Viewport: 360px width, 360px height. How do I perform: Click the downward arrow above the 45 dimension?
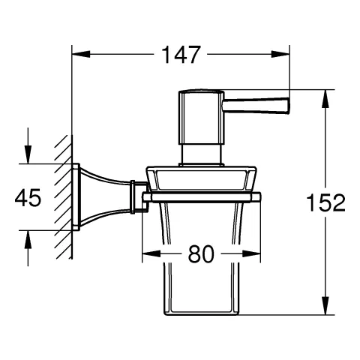[29, 156]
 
